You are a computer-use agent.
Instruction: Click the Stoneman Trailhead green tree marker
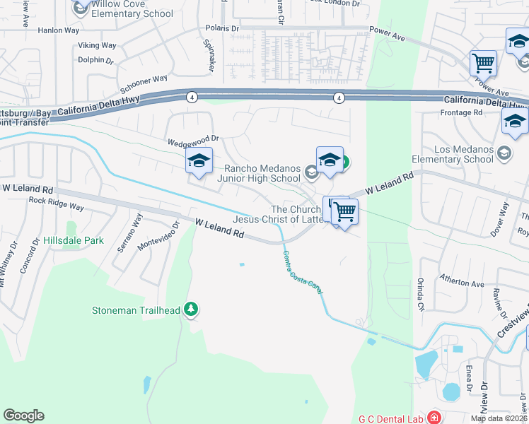tap(190, 309)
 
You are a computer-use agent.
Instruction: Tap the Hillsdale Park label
tap(74, 240)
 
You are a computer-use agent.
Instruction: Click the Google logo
tap(23, 416)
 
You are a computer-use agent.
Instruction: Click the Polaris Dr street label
tap(222, 28)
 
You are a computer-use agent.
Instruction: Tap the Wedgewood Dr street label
tap(194, 141)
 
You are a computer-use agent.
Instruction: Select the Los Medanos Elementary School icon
tap(504, 152)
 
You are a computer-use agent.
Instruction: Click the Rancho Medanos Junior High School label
tap(259, 173)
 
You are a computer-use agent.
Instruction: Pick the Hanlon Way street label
tap(59, 30)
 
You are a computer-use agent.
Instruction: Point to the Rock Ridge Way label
tap(57, 204)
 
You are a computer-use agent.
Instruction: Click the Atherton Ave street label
tap(463, 283)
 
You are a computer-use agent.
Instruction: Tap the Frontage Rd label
tap(460, 112)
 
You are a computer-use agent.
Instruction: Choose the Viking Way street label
tap(97, 46)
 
